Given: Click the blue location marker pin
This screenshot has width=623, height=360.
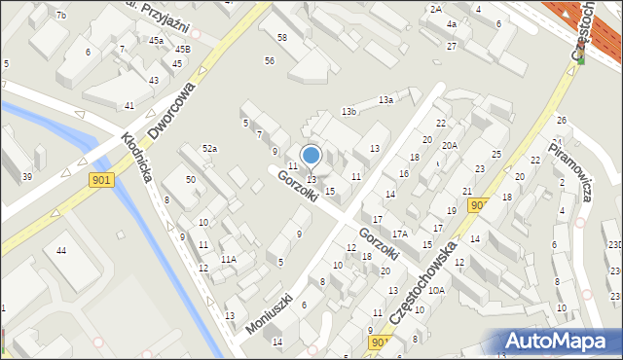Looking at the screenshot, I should (x=311, y=156).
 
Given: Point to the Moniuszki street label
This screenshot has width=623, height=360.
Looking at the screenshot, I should (x=270, y=313).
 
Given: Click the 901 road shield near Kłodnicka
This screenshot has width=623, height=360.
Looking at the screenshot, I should (x=101, y=180).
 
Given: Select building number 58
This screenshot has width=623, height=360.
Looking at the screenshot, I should (x=282, y=37).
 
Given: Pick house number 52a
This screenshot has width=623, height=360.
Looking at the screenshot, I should (x=208, y=148).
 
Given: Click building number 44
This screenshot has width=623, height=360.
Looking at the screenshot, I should (x=60, y=251).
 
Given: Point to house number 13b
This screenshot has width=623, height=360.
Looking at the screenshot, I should (x=349, y=112).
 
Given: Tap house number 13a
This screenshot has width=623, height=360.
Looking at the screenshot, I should (x=386, y=99).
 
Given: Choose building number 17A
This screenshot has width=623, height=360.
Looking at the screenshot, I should (x=399, y=234).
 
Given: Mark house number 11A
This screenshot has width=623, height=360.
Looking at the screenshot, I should (x=228, y=259).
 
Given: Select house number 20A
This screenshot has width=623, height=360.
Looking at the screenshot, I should (x=449, y=145).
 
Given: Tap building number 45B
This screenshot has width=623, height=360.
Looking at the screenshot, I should (x=183, y=49).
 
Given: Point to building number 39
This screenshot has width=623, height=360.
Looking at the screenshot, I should (x=27, y=176).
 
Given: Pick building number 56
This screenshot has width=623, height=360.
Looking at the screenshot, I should (x=269, y=61).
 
